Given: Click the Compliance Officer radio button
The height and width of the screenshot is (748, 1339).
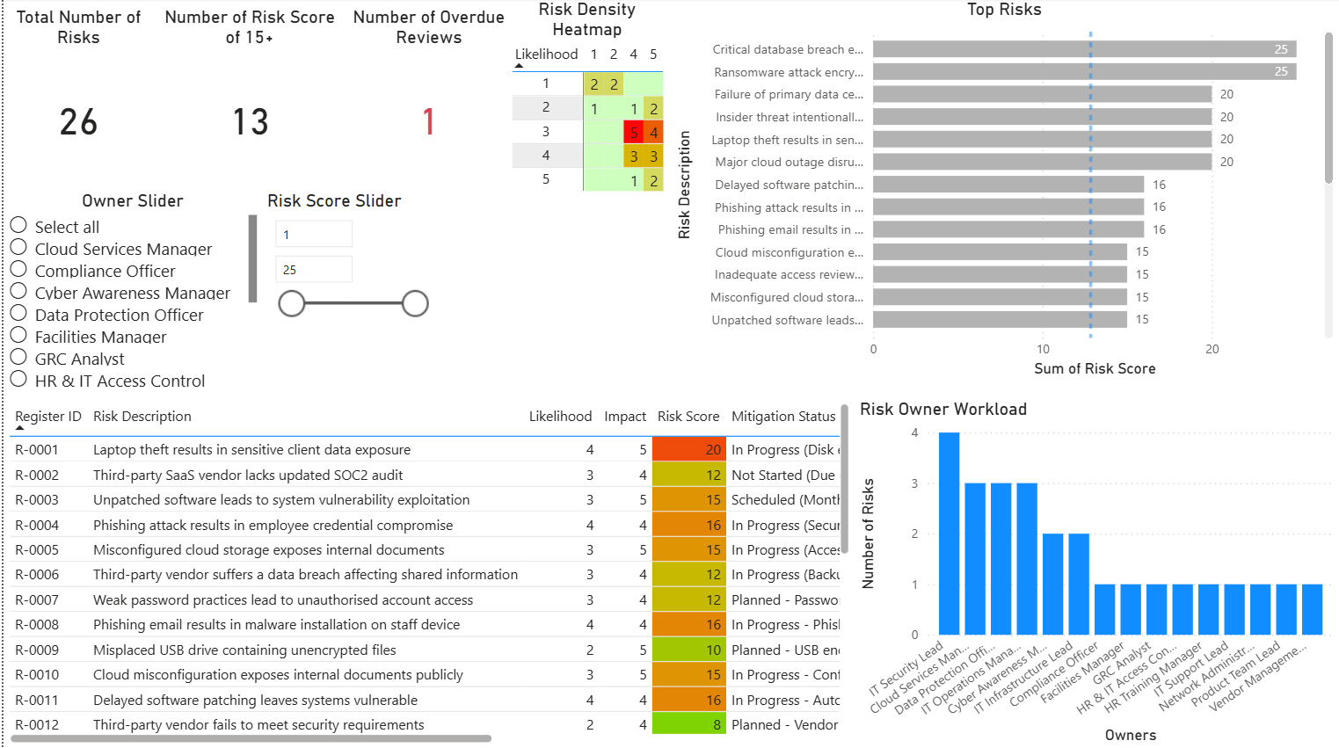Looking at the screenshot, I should tap(18, 269).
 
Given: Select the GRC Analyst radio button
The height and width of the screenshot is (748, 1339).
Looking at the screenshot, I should tap(18, 357).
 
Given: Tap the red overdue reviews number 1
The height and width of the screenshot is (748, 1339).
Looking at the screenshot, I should tap(428, 122).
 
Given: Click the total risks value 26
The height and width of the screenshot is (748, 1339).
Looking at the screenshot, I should tap(78, 122).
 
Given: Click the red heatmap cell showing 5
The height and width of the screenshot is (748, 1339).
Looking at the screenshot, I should tap(633, 133).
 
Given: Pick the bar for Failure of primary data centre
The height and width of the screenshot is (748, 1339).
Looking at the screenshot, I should tap(1042, 94).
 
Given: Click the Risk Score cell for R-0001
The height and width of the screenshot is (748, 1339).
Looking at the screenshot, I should tap(689, 449).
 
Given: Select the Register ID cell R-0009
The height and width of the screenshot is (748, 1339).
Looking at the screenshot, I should tap(37, 650).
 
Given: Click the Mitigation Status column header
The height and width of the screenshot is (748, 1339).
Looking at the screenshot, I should tap(783, 417).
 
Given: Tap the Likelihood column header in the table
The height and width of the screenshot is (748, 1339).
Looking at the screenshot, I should tap(560, 417).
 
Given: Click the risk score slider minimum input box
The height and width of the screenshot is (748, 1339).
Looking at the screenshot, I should tap(314, 235).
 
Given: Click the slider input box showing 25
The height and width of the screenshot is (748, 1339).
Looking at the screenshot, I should tap(314, 270).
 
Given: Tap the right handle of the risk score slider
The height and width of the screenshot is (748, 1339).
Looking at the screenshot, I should tap(415, 303).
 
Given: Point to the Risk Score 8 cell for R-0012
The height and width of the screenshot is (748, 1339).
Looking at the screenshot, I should tap(689, 725).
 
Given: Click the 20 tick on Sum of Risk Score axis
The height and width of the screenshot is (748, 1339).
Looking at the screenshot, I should tap(1212, 349).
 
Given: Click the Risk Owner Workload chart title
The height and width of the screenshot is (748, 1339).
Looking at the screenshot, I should tap(942, 409).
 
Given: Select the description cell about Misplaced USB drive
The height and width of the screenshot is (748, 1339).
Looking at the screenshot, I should tap(244, 650).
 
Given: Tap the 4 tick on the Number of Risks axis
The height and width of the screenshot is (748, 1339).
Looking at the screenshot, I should tap(914, 432).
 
